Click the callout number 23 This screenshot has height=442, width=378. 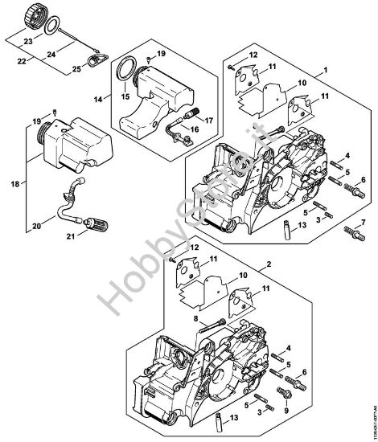pyautogui.click(x=27, y=40)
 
